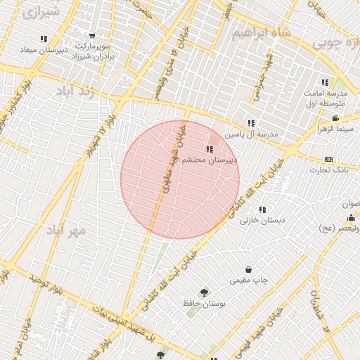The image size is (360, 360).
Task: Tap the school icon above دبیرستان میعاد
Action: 44,39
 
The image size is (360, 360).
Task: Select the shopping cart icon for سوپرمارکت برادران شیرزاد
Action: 92,36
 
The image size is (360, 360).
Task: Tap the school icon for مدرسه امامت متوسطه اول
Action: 325,82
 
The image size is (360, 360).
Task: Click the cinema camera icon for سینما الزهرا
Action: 336,117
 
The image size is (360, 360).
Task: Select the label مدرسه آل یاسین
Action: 252,134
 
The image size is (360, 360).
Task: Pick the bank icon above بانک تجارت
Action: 328,159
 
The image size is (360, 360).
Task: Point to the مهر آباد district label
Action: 66,230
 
